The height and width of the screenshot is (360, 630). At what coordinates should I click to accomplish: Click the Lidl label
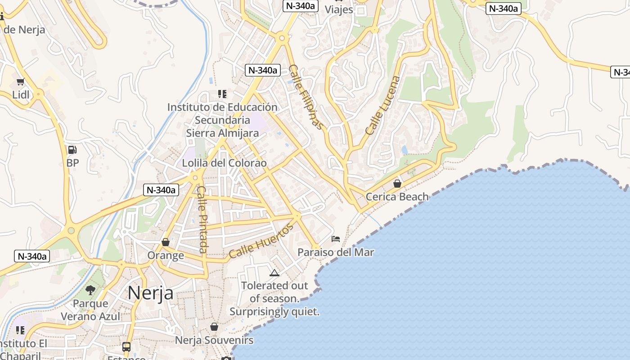point(21,95)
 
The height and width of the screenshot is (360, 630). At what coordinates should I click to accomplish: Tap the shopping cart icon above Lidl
point(20,82)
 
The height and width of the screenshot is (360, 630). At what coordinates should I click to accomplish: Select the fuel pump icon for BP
point(72,150)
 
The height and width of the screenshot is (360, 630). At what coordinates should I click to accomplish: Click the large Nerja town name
point(150,293)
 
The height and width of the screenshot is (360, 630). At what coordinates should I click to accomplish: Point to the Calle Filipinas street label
point(306,97)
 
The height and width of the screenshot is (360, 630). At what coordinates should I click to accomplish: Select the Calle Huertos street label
point(261,241)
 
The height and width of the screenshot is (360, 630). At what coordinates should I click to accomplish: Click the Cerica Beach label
point(397,197)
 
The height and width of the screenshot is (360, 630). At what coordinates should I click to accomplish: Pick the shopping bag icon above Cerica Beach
point(397,184)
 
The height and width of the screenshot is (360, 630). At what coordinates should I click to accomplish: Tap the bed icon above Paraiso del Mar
point(336,239)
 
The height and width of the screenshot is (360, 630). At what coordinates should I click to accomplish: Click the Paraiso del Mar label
point(336,252)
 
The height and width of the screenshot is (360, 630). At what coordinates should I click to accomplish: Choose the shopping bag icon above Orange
point(166,242)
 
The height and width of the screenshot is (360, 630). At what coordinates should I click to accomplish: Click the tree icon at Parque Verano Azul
point(90,290)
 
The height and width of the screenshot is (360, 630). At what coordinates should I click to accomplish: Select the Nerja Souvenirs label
point(214,340)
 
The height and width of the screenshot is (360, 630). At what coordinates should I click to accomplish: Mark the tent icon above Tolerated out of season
point(274,273)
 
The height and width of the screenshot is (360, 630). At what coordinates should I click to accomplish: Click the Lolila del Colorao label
point(224,163)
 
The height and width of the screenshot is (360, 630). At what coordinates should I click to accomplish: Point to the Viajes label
point(339,9)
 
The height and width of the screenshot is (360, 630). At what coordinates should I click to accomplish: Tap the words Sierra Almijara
point(222,133)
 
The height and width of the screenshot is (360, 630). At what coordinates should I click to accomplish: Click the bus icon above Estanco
point(126,347)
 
